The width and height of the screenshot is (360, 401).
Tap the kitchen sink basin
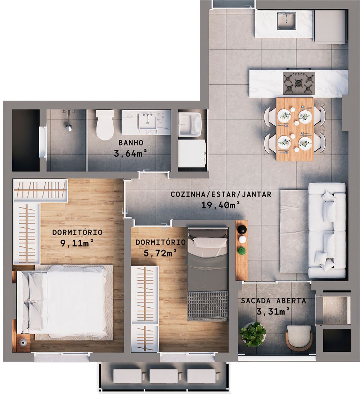point(286,21)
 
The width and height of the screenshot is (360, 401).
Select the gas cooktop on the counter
point(299,84)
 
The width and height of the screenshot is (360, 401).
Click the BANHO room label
point(129,143)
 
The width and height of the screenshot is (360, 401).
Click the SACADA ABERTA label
point(274,301)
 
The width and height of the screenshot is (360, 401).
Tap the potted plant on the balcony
point(253,334)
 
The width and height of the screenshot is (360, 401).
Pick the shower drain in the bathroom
point(68,127)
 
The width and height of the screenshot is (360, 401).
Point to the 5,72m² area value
point(160,253)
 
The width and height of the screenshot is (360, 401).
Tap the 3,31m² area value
point(274,311)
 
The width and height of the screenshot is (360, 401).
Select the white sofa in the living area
point(327,231)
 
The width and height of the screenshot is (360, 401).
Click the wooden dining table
point(295,129)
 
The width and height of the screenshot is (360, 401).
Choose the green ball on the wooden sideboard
point(242,250)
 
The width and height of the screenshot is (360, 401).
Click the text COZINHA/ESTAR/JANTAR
point(221,195)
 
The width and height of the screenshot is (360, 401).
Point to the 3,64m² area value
point(129,154)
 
